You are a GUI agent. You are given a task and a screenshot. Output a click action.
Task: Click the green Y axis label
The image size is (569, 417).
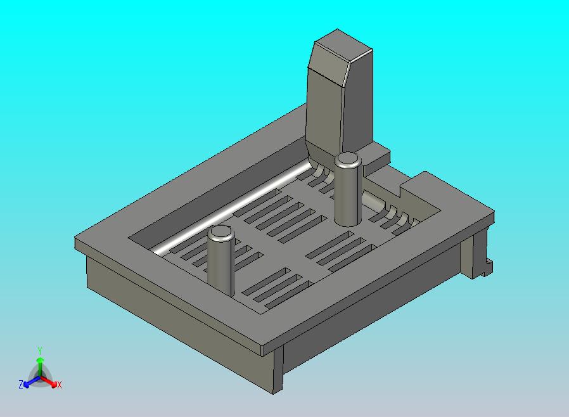point(40,350)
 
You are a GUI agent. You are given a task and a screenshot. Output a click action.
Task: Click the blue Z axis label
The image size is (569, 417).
point(21,384)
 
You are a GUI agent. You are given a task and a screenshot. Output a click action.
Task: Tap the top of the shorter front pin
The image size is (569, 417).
point(221,231)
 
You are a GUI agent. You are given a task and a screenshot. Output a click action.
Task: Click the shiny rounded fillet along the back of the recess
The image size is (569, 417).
point(233,207)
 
